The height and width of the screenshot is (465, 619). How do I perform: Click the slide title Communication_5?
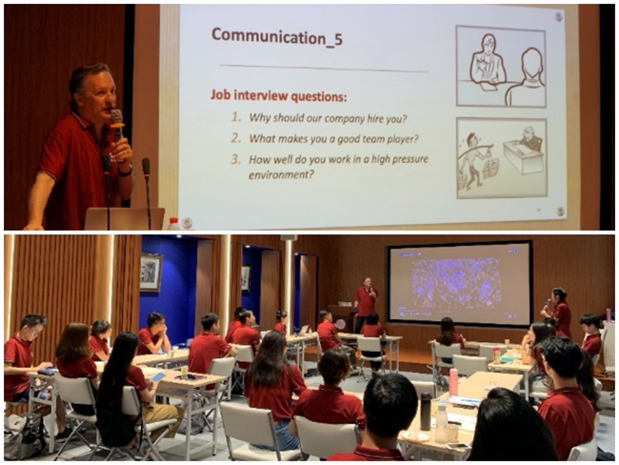click(277, 37)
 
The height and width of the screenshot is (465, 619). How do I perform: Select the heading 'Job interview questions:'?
click(278, 95)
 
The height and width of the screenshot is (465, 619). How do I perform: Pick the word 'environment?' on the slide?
click(281, 174)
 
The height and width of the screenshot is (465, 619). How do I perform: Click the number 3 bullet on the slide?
click(236, 159)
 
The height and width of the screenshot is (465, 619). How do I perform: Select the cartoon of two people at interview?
click(501, 66)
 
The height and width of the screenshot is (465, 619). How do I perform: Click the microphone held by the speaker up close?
click(117, 123)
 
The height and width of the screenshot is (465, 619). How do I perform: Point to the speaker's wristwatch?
click(125, 172)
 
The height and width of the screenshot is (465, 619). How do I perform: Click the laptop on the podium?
click(125, 218)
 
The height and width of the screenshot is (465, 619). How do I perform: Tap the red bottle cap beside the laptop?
click(173, 219)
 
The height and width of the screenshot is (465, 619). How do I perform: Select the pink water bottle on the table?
click(453, 382)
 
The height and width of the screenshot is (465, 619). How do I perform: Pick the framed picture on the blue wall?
click(150, 273)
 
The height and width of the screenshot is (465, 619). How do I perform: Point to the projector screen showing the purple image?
click(460, 283)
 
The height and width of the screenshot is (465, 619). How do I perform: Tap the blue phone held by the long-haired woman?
click(158, 376)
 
